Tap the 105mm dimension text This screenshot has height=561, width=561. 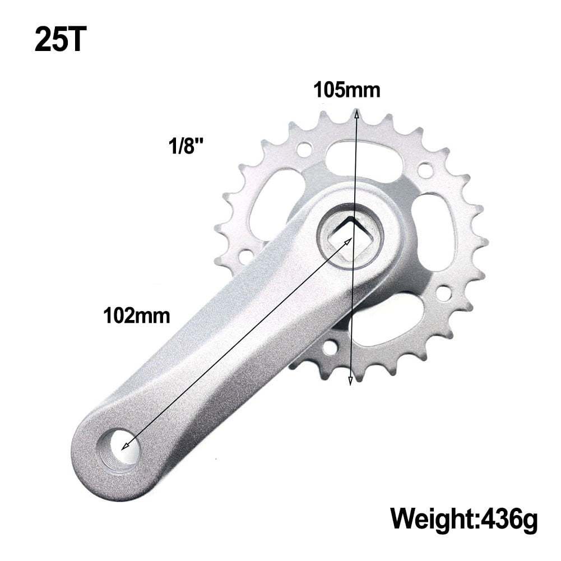click(346, 90)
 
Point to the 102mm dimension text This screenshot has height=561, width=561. click(136, 316)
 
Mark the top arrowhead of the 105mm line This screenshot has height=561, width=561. click(355, 114)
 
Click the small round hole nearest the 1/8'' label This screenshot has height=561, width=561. click(304, 150)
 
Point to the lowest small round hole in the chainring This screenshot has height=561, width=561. click(330, 348)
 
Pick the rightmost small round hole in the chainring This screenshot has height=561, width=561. click(444, 293)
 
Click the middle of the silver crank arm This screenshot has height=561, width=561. click(224, 353)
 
